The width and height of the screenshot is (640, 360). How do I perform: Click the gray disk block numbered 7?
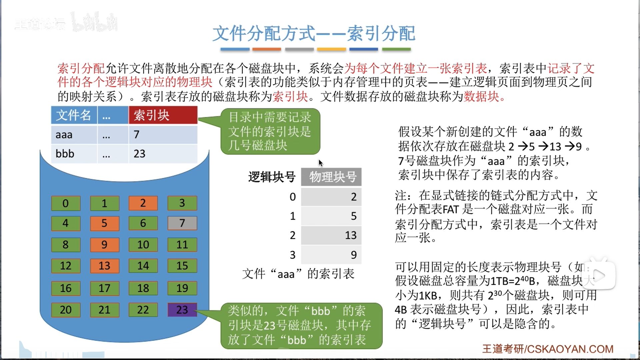tap(182, 223)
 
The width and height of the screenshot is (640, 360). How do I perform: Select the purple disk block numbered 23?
tap(182, 310)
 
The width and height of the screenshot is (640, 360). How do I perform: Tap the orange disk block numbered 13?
tap(104, 266)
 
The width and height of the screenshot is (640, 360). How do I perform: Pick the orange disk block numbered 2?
tap(143, 203)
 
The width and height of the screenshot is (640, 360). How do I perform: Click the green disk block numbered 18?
tap(143, 288)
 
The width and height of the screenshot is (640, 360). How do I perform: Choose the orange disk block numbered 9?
tap(104, 245)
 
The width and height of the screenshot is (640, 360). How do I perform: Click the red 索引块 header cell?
tap(163, 115)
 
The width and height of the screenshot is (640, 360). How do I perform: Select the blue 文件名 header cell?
tap(74, 115)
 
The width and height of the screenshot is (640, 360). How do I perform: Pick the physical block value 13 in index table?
tap(351, 235)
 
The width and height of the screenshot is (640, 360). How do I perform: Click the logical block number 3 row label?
tap(292, 255)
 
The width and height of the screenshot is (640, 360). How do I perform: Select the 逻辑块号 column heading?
tap(272, 177)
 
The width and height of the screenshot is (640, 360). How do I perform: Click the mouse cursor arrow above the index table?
tap(320, 163)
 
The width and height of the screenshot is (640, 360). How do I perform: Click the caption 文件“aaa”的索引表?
tap(298, 274)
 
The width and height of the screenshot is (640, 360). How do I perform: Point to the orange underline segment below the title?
tap(267, 49)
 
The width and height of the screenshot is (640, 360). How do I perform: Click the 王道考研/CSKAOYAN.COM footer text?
tap(548, 349)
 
